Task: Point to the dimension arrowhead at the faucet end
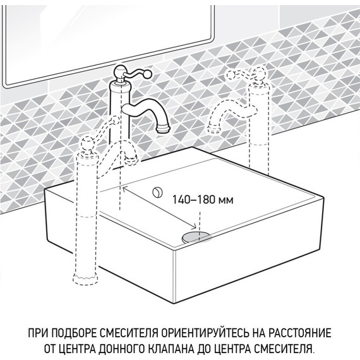click(x=125, y=188)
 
